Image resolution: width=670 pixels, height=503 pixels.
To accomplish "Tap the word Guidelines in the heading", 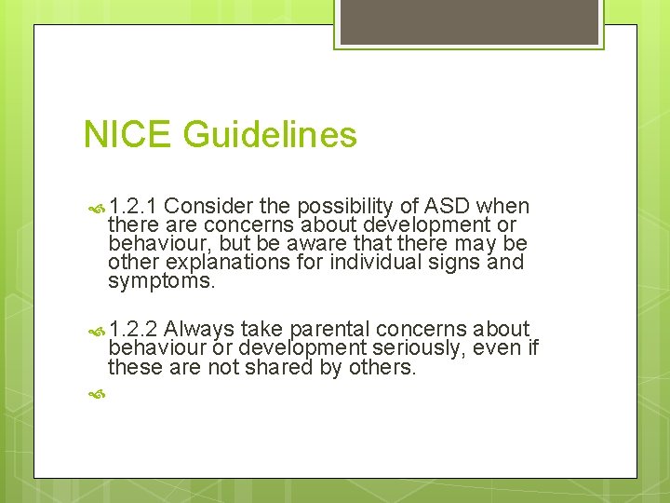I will (270, 135).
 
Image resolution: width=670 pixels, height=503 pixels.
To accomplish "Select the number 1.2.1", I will (134, 206).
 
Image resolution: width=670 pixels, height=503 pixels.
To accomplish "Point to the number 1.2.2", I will (134, 330).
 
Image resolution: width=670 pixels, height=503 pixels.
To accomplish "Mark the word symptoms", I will (161, 281).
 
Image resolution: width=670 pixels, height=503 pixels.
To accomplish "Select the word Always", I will (200, 330).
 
